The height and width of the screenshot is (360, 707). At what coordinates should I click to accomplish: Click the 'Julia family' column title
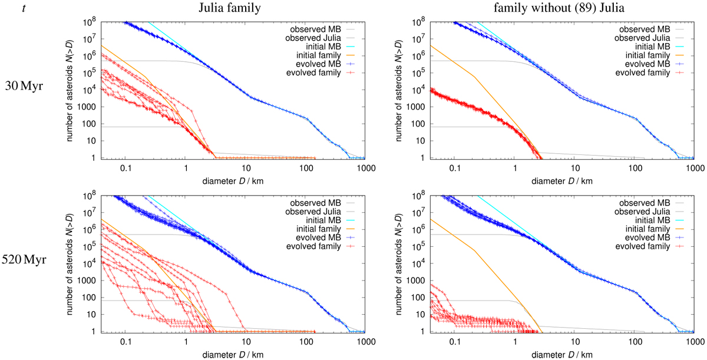[x=216, y=8]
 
